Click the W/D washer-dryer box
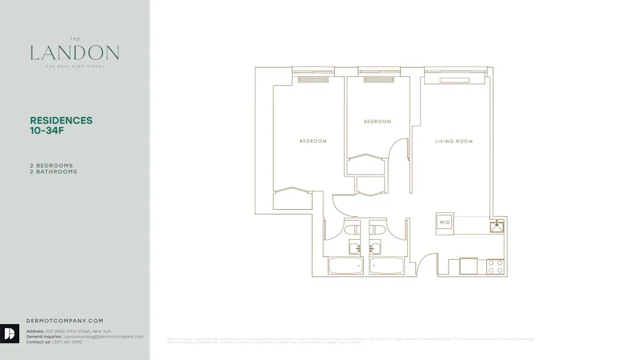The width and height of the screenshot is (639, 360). pos(444,222)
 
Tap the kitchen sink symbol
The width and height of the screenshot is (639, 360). pos(497,226)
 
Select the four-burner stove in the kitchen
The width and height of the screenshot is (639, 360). pos(496,267)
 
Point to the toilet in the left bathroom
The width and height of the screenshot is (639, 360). pos(352,228)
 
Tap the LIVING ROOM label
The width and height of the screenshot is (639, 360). pos(454,141)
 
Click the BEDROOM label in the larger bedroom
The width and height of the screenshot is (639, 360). pos(313,141)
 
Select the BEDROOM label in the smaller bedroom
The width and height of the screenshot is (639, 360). pos(377,121)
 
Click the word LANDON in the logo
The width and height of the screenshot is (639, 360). pos(75,53)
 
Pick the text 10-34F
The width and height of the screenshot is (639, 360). pos(47,130)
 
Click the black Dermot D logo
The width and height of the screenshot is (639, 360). pos(10,333)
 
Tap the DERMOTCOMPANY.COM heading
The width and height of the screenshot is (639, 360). pos(65,321)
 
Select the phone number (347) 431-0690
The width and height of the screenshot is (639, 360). pos(67,342)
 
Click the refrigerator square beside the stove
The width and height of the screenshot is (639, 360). pos(468,266)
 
